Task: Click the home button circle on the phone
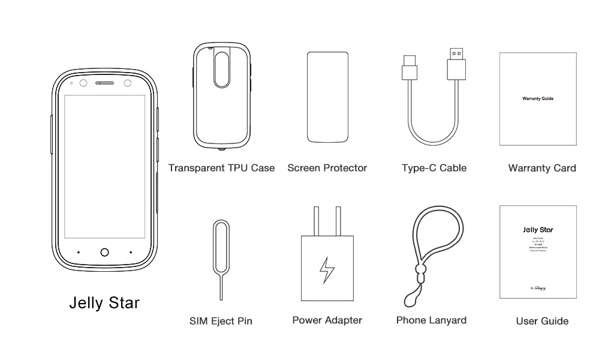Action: (x=105, y=253)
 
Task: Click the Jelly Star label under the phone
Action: (x=104, y=302)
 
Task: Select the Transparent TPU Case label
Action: (x=221, y=168)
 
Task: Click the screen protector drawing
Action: (x=327, y=97)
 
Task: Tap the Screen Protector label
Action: (x=327, y=168)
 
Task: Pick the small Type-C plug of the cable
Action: (x=410, y=68)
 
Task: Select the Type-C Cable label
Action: (x=434, y=168)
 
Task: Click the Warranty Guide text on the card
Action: (x=538, y=98)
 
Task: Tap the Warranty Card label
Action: (x=542, y=168)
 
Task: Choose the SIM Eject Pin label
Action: (x=221, y=321)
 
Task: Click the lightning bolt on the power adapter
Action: (x=327, y=269)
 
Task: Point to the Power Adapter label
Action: (x=327, y=320)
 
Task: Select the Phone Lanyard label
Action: (x=431, y=320)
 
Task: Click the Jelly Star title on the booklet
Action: (x=538, y=230)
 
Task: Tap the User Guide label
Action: (x=542, y=321)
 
